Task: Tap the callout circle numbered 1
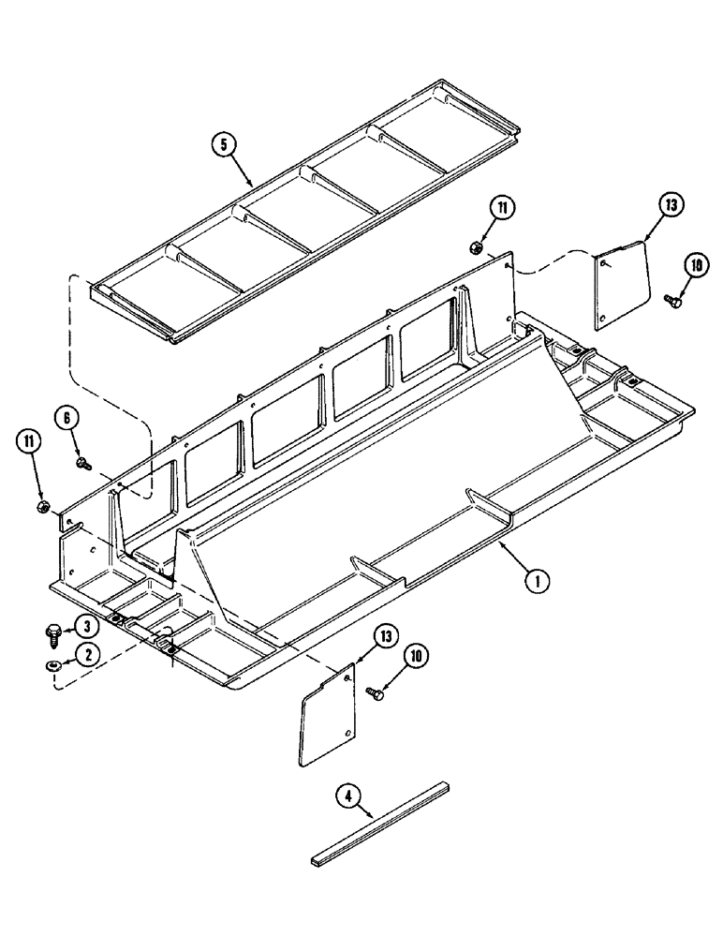(x=537, y=582)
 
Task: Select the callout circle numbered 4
(x=347, y=799)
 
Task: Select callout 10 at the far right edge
(x=694, y=264)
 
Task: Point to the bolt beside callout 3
(x=52, y=634)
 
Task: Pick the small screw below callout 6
(x=83, y=462)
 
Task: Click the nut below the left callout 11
(x=43, y=507)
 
